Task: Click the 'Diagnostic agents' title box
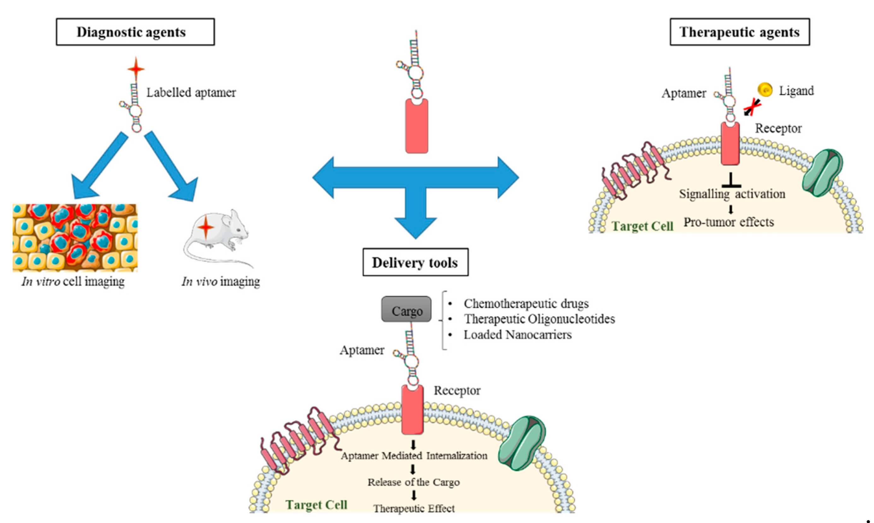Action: point(135,32)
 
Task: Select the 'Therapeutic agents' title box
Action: point(740,32)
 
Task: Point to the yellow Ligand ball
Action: point(765,90)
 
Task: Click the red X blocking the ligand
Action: point(752,107)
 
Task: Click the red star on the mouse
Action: point(205,227)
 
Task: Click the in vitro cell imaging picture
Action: point(75,238)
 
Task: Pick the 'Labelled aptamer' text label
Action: point(191,93)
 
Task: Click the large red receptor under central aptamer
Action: point(416,126)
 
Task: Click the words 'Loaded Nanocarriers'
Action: point(517,334)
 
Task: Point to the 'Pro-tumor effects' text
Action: point(729,222)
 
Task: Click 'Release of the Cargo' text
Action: point(413,482)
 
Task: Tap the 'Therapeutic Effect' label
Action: point(414,508)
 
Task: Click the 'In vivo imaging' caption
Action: point(221,281)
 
